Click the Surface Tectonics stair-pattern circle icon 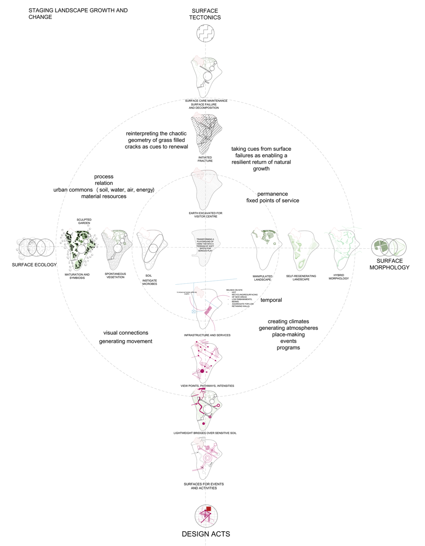(x=206, y=33)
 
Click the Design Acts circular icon (x=206, y=516)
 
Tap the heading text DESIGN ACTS (x=206, y=534)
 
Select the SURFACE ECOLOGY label (x=34, y=265)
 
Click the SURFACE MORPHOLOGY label (x=389, y=264)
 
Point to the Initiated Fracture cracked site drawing (x=206, y=133)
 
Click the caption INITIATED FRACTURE (x=205, y=159)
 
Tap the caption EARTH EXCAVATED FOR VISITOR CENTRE (x=206, y=215)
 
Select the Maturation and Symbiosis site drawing (x=79, y=249)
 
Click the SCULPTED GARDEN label (x=84, y=221)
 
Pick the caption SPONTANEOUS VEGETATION (x=115, y=276)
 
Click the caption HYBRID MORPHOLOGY (x=339, y=277)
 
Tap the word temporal (x=271, y=300)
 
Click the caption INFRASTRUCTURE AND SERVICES (x=207, y=335)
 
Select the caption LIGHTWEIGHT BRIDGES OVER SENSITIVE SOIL (x=205, y=433)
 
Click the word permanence (x=273, y=194)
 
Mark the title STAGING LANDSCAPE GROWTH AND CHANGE (x=78, y=14)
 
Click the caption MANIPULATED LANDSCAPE (x=262, y=278)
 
